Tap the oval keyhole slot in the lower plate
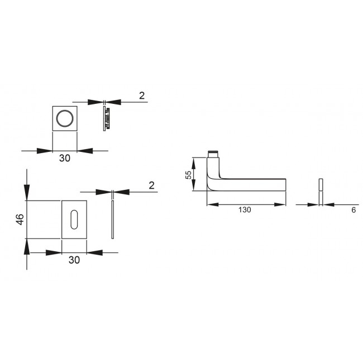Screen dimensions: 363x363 pyautogui.click(x=74, y=219)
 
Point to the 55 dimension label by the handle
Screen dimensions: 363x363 pyautogui.click(x=189, y=175)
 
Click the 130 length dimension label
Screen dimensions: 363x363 pyautogui.click(x=245, y=210)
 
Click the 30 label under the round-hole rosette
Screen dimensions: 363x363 pyautogui.click(x=65, y=158)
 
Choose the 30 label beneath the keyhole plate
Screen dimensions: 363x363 pyautogui.click(x=74, y=260)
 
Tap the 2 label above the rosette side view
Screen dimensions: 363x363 pyautogui.click(x=142, y=96)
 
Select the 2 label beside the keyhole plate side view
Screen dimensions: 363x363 pyautogui.click(x=151, y=185)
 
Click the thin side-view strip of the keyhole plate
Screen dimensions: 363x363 pyautogui.click(x=113, y=219)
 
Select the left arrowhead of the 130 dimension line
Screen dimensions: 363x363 pyautogui.click(x=211, y=204)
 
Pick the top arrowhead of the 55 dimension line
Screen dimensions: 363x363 pyautogui.click(x=194, y=161)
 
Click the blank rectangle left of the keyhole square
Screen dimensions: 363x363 pyautogui.click(x=44, y=219)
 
